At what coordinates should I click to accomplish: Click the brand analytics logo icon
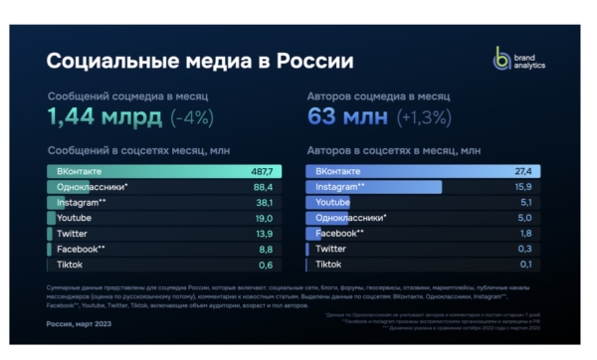point(501,58)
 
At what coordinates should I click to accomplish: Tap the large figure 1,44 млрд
point(103,116)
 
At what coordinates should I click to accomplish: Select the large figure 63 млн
point(342,116)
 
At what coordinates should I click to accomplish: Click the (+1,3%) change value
point(421,117)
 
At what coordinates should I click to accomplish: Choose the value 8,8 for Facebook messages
point(265,249)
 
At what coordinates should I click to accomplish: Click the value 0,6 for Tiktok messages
point(265,265)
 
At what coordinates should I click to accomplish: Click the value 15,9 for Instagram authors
point(521,187)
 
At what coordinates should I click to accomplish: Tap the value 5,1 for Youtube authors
point(523,202)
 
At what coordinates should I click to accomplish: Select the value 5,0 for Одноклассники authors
point(523,218)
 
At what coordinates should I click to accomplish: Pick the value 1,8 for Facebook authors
point(523,233)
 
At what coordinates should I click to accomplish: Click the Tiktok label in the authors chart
point(328,265)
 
